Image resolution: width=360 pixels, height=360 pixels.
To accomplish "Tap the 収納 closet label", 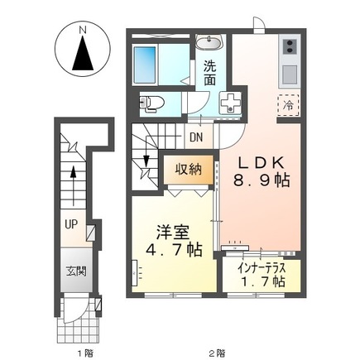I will coord(189,169).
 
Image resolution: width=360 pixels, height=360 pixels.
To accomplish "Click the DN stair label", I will coord(197,138).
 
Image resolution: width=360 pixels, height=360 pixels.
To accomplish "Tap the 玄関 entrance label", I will coord(77,271).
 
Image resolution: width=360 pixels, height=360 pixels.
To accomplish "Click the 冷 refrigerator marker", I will coord(289,106).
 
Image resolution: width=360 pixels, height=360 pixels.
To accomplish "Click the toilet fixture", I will coord(152,103).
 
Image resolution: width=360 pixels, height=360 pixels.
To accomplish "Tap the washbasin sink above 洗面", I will coord(209,44).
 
